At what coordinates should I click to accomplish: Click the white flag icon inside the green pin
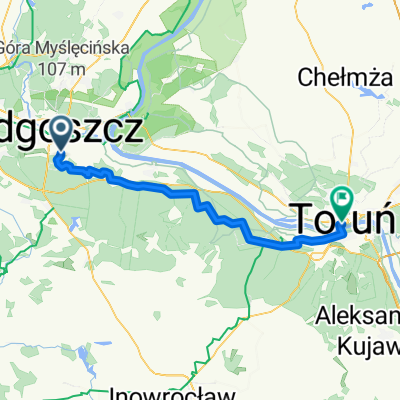pos(343,199)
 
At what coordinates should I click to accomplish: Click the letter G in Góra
pos(16,48)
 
